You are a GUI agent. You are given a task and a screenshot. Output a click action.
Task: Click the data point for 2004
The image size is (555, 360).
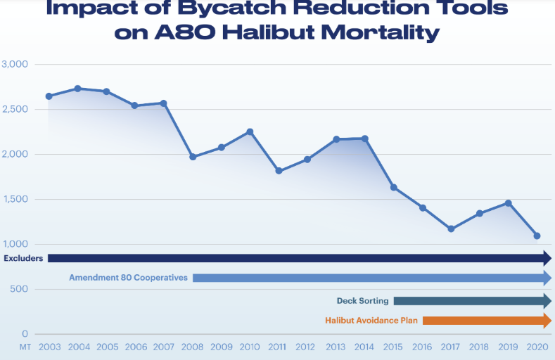(77, 89)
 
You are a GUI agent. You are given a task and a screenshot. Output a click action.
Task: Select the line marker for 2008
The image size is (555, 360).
(193, 157)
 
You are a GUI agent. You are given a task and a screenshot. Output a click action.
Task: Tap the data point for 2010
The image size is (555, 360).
(250, 131)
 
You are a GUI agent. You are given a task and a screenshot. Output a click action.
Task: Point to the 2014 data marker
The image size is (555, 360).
(364, 139)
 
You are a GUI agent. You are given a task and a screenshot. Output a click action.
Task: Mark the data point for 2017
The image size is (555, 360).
(451, 229)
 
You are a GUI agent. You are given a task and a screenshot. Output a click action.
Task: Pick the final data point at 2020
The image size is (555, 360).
(537, 236)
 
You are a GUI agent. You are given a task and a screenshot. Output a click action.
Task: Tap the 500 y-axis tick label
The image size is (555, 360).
(19, 289)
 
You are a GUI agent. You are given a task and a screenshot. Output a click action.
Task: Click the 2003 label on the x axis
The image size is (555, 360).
(49, 347)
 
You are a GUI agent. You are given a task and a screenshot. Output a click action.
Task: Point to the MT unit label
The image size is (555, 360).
(25, 347)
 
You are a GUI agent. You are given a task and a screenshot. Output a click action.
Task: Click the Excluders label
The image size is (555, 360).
(23, 258)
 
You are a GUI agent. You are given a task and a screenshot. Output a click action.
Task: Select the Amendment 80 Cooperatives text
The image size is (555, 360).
(128, 278)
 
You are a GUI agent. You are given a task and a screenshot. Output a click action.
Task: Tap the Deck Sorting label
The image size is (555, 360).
(362, 301)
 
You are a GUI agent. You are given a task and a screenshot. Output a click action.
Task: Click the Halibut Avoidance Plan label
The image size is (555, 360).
(371, 321)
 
